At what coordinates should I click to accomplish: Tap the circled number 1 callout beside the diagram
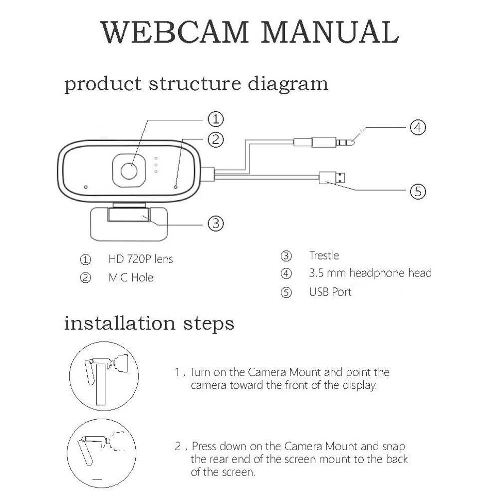(215, 119)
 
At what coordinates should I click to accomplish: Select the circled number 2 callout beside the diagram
(215, 139)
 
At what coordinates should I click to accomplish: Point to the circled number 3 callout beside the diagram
(215, 223)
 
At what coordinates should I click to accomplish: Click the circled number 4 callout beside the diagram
(418, 127)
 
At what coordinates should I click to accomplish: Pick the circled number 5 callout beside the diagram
(418, 191)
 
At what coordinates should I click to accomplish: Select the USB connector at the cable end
(333, 177)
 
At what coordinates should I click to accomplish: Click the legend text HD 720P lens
(141, 259)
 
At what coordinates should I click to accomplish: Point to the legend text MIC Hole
(131, 277)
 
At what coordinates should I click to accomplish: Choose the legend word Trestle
(324, 255)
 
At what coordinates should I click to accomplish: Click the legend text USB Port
(330, 292)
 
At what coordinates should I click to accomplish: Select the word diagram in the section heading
(288, 83)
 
